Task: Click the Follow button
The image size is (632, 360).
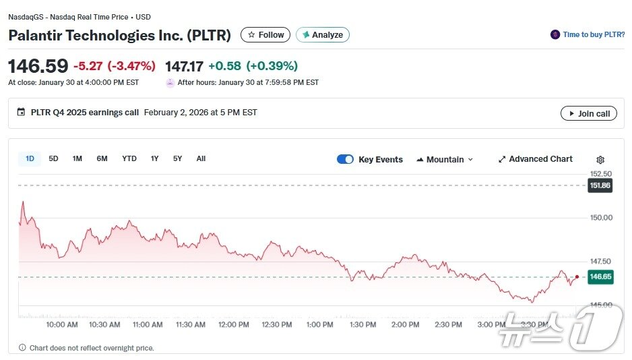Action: pos(265,35)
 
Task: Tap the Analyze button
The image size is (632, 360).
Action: pos(323,35)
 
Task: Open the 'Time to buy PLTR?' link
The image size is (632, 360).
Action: pos(588,34)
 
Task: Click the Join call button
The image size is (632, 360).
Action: pos(588,114)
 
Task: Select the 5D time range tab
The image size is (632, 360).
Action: pos(53,159)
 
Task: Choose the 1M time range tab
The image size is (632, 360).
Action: pos(77,159)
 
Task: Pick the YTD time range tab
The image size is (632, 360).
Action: pos(129,159)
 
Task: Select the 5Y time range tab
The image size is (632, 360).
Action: pos(177,159)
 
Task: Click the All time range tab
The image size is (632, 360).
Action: pos(201,159)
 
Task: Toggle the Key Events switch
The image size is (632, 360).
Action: pos(345,160)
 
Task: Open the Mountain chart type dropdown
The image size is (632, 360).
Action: pos(445,160)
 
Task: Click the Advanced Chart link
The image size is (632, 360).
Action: pos(536,159)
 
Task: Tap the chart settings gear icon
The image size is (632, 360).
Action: pos(600,160)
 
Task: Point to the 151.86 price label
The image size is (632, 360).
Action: pos(600,185)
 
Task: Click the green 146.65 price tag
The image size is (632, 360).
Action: pos(600,276)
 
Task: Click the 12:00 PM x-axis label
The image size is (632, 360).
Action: pos(234,325)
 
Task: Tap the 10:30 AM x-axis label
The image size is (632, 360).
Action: pos(104,325)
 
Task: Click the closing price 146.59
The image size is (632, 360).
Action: pos(38,66)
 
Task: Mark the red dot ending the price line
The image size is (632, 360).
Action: pos(577,276)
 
